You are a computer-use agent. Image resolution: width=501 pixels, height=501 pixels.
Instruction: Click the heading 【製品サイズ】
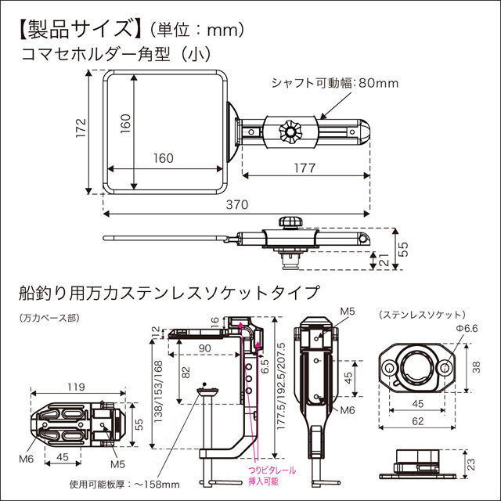pyautogui.click(x=74, y=30)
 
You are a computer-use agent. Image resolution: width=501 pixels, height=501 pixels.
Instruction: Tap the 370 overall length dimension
pyautogui.click(x=236, y=205)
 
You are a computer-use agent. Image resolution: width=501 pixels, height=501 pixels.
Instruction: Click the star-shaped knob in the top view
pyautogui.click(x=292, y=131)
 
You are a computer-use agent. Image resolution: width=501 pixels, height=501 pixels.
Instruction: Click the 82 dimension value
pyautogui.click(x=185, y=373)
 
